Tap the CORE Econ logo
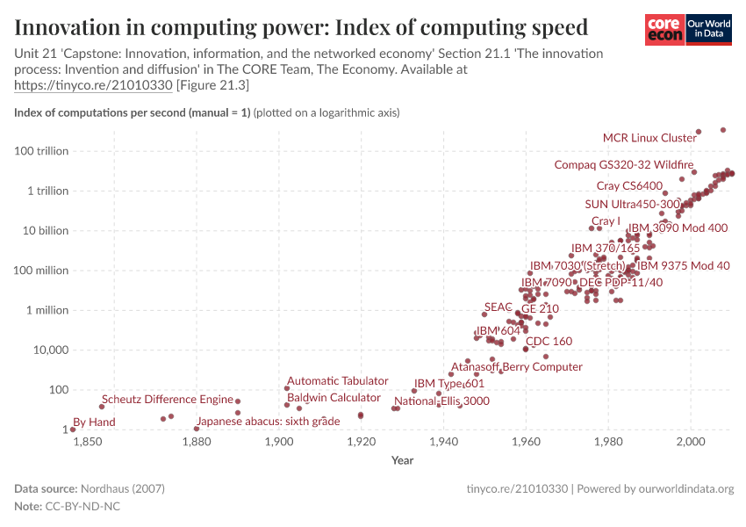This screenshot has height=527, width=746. pyautogui.click(x=664, y=29)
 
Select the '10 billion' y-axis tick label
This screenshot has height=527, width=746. pyautogui.click(x=45, y=231)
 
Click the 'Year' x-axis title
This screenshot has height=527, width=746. pyautogui.click(x=403, y=460)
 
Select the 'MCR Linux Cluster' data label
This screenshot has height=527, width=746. pyautogui.click(x=649, y=138)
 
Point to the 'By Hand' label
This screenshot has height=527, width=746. pyautogui.click(x=94, y=422)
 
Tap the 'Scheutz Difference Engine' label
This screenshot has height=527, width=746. pyautogui.click(x=167, y=400)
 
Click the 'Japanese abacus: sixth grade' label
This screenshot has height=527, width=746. pyautogui.click(x=268, y=422)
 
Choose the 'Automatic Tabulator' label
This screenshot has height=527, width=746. pyautogui.click(x=337, y=381)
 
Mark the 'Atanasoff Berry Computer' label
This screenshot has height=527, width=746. pyautogui.click(x=516, y=367)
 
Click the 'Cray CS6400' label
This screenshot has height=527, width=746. pyautogui.click(x=629, y=185)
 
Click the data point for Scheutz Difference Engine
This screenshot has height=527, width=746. pyautogui.click(x=102, y=407)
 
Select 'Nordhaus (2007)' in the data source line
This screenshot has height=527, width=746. pyautogui.click(x=123, y=488)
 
